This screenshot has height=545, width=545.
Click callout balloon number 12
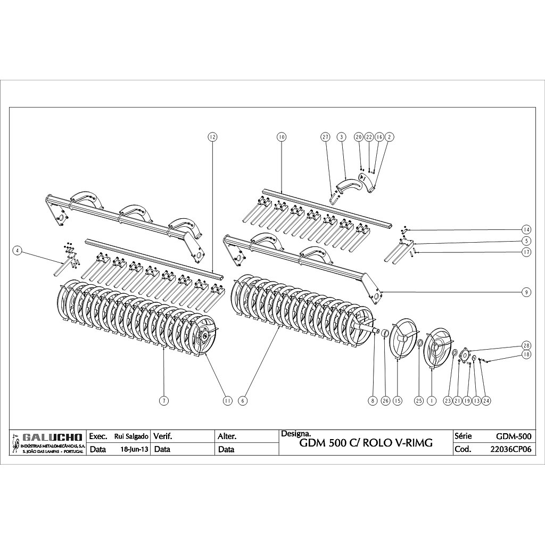(x=212, y=137)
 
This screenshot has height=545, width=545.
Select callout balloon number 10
(x=282, y=137)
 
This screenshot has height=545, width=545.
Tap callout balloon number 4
(x=18, y=251)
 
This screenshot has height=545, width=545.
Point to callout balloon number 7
(x=164, y=401)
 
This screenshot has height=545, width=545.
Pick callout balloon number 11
(x=228, y=401)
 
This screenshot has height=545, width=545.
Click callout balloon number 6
(x=243, y=401)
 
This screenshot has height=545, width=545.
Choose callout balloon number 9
(x=526, y=292)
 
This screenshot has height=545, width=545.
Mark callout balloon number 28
(x=526, y=344)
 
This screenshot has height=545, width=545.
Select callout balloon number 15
(x=398, y=401)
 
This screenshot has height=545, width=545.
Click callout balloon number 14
(x=526, y=229)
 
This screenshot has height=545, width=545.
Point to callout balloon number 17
(x=526, y=252)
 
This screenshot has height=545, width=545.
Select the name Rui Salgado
(x=131, y=436)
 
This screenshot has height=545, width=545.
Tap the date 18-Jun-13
(x=135, y=449)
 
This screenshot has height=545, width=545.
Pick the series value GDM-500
(x=513, y=436)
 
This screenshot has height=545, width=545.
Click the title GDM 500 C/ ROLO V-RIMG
(x=366, y=443)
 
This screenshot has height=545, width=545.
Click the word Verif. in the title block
(x=163, y=436)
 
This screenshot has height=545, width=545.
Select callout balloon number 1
(x=432, y=401)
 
